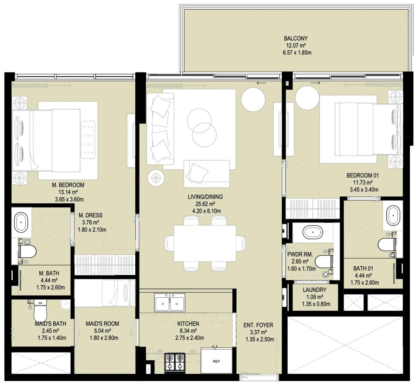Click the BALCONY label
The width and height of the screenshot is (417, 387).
pos(295,38)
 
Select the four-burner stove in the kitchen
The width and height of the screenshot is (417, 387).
pos(175,362)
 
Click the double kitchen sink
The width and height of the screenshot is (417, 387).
pos(170,303)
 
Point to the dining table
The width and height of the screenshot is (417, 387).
pos(205,243)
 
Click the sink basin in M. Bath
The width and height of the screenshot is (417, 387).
pos(21,222)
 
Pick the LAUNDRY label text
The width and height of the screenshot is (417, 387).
pos(315,290)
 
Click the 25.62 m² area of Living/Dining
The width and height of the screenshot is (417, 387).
pos(205,204)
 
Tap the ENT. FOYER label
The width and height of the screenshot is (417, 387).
pos(258,325)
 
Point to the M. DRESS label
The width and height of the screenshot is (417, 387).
pos(90,215)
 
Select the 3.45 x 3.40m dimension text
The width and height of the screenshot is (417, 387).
pos(364,190)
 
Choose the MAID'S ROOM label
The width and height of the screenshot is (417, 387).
pos(102,324)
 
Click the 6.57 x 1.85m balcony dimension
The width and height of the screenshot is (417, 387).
pos(297,52)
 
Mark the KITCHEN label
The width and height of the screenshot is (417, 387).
pos(188,324)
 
